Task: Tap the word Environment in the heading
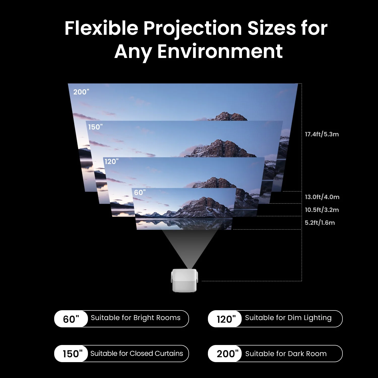coord(220,52)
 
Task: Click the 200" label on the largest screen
coord(81,92)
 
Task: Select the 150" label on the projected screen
coord(95,127)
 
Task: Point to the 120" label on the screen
coord(111,162)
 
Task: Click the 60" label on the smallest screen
coord(140,193)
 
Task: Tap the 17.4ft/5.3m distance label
coord(322,134)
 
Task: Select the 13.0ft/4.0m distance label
coord(322,197)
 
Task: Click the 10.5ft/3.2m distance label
coord(322,210)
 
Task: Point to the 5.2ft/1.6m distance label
coord(320,223)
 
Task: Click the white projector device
coord(184,280)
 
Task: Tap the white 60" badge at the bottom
coord(71,319)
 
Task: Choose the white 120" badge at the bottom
coord(226,319)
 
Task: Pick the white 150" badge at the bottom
coord(72,354)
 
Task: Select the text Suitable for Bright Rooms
coord(136,318)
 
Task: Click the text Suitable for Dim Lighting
coord(288,318)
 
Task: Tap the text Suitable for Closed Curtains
coord(137,354)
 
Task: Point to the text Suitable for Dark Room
coord(286,354)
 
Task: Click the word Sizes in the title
coord(271,28)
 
